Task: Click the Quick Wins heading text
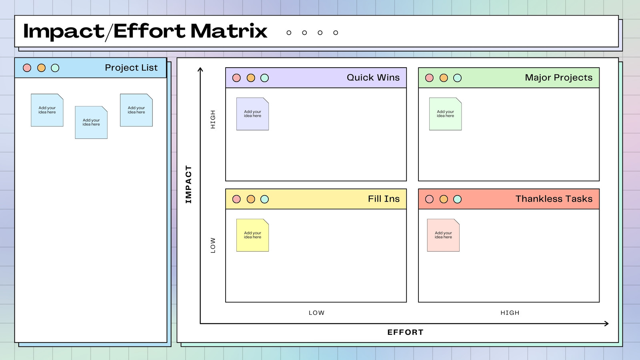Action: coord(373,78)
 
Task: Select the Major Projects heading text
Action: coord(558,78)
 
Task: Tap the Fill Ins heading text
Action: coord(384,198)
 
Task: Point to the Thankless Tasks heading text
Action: coord(554,198)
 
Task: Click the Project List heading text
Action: coord(131,68)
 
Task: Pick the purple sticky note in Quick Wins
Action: coord(252,114)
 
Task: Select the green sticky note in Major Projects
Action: coord(446,114)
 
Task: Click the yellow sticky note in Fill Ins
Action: coord(252,235)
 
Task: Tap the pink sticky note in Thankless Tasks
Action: coord(444,235)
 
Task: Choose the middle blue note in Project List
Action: coord(91,122)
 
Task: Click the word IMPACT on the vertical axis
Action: coord(188,184)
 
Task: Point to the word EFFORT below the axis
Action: coord(406,332)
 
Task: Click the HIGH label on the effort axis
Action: coord(510,313)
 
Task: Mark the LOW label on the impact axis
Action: coord(213,245)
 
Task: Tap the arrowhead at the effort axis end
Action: coord(606,324)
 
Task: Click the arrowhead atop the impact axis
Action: coord(200,70)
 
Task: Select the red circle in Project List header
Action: coord(27,68)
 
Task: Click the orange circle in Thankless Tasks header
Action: coord(444,199)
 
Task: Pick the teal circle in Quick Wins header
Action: coord(264,78)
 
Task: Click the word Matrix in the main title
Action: coord(229,31)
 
